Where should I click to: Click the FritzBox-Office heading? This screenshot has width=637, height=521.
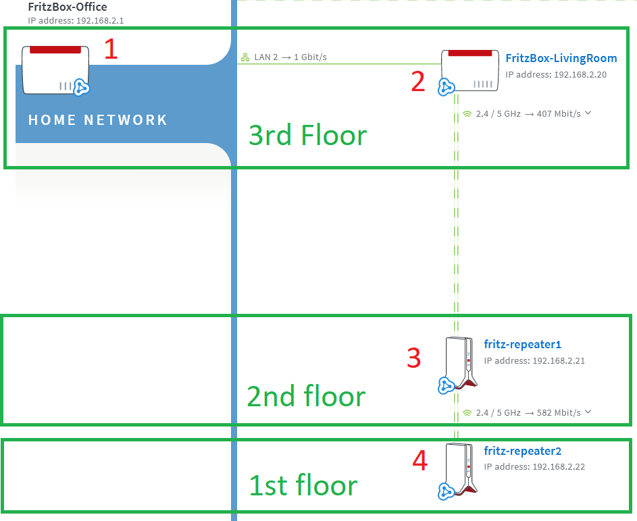click(x=68, y=7)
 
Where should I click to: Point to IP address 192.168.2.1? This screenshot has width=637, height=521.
click(x=76, y=21)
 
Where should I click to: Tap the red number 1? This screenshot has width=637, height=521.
click(x=111, y=49)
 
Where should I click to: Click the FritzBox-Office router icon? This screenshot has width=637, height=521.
click(x=55, y=70)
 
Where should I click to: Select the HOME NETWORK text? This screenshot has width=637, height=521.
click(x=97, y=120)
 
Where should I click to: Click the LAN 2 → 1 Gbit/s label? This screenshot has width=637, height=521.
click(x=284, y=57)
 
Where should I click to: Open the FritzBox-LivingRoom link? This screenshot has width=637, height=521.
click(x=561, y=58)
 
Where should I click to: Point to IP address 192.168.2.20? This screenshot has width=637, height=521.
click(x=556, y=75)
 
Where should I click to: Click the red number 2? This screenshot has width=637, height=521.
click(x=418, y=82)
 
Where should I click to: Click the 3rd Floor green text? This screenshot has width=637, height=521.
click(x=307, y=135)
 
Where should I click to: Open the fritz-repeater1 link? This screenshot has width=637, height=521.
click(x=522, y=344)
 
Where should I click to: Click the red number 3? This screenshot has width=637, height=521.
click(x=414, y=358)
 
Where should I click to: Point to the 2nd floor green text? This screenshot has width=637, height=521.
click(x=306, y=396)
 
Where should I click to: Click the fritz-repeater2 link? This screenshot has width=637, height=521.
click(x=522, y=451)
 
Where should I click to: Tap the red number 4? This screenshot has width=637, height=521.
click(x=420, y=461)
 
